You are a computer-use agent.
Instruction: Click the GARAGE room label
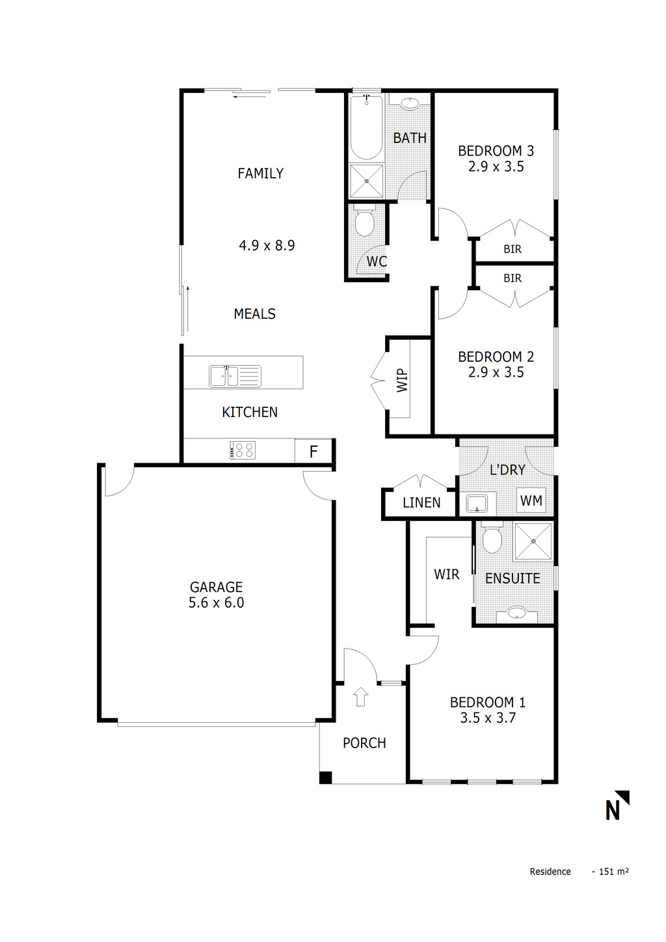[216, 587]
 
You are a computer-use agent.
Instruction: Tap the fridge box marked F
[313, 451]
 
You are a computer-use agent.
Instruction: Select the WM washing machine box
[531, 500]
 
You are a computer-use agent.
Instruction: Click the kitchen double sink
[234, 376]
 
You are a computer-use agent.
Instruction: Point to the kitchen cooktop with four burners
[243, 450]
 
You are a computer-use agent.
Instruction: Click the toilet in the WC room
[365, 223]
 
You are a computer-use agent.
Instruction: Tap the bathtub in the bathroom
[366, 128]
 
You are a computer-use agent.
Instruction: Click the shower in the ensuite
[534, 540]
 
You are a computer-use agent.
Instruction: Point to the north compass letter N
[613, 811]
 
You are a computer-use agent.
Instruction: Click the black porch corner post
[326, 777]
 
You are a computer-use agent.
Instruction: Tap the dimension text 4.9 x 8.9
[267, 245]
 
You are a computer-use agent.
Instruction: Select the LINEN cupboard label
[421, 502]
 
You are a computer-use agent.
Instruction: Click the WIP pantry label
[402, 380]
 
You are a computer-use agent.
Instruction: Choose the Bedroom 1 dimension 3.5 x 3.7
[488, 718]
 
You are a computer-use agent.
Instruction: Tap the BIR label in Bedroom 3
[513, 249]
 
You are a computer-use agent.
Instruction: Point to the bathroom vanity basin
[410, 103]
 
